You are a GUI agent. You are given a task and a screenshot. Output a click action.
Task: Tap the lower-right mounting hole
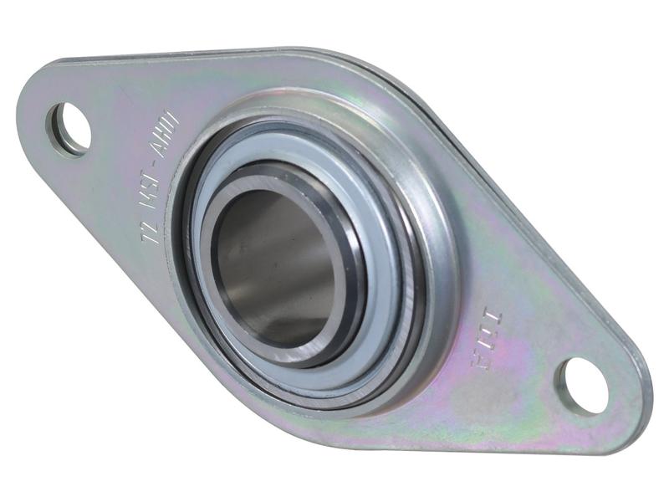tap(584, 385)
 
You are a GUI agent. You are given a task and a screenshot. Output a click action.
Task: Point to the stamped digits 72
tap(148, 228)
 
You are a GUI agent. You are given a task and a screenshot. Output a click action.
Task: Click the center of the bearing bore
tap(276, 266)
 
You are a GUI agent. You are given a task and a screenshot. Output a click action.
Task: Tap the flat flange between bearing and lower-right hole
tap(502, 393)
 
